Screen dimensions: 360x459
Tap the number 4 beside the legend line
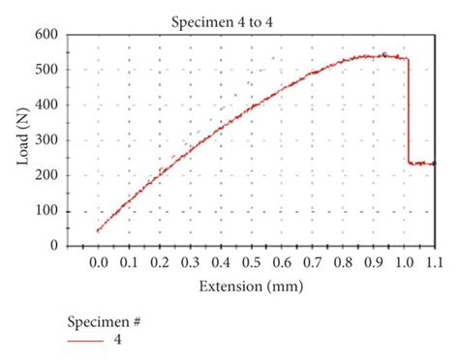pyautogui.click(x=118, y=341)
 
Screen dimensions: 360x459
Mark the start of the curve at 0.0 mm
pyautogui.click(x=98, y=230)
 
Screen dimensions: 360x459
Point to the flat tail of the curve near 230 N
pyautogui.click(x=422, y=164)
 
